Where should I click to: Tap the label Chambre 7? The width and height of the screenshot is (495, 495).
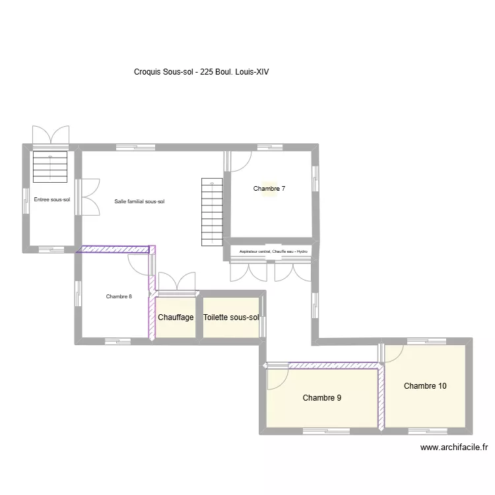pyautogui.click(x=269, y=189)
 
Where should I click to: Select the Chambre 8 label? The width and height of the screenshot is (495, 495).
pyautogui.click(x=119, y=296)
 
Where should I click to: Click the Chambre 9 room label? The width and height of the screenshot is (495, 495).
pyautogui.click(x=322, y=398)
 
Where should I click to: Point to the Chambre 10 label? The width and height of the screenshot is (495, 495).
pyautogui.click(x=425, y=386)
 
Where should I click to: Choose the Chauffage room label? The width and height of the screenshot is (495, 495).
pyautogui.click(x=176, y=317)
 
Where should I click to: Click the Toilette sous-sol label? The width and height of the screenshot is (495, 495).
pyautogui.click(x=231, y=317)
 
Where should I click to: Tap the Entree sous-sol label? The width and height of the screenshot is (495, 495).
pyautogui.click(x=51, y=199)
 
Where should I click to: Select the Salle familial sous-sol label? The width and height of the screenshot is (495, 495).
pyautogui.click(x=139, y=201)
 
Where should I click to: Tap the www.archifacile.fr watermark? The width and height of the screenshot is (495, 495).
pyautogui.click(x=454, y=447)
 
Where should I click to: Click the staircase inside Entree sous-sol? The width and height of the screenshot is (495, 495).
pyautogui.click(x=51, y=166)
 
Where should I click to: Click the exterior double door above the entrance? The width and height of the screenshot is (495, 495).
pyautogui.click(x=51, y=134)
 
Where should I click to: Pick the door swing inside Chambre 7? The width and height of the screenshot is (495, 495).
pyautogui.click(x=240, y=161)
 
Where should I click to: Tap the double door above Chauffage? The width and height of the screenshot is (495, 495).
pyautogui.click(x=177, y=281)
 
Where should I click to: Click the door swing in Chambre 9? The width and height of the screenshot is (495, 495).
pyautogui.click(x=277, y=378)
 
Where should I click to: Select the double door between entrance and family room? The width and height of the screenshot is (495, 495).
pyautogui.click(x=89, y=197)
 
